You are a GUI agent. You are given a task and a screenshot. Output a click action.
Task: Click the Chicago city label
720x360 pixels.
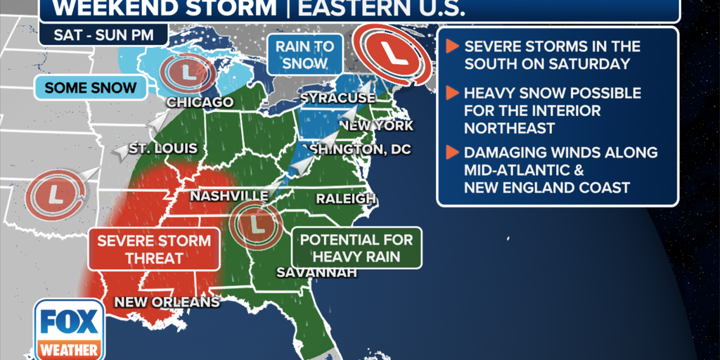(200, 103)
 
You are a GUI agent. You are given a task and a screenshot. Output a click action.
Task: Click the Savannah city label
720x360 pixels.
(316, 272)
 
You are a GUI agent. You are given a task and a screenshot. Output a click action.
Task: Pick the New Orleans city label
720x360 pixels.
(167, 302)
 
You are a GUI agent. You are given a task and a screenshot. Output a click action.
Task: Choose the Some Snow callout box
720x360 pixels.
(90, 88)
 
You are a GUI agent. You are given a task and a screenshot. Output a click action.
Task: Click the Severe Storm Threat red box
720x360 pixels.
(153, 249)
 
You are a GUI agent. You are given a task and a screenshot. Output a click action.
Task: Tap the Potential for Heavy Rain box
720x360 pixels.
(356, 247)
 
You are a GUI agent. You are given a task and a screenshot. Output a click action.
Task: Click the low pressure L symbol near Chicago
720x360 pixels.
(186, 71)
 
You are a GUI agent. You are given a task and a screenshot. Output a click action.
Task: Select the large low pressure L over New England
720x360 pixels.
(392, 53)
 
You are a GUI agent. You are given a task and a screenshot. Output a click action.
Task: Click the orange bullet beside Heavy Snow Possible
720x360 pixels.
(452, 93)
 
